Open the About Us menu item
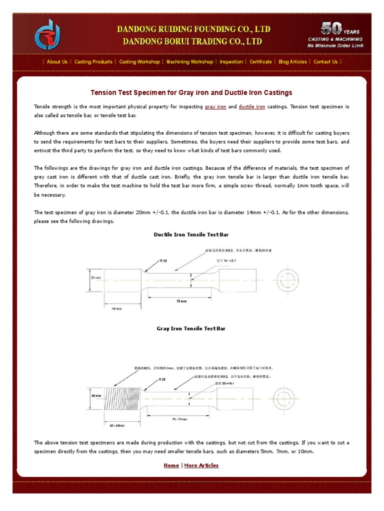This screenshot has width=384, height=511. click(x=57, y=62)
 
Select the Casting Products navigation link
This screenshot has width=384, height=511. click(x=93, y=62)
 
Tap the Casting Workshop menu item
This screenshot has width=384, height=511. click(x=139, y=62)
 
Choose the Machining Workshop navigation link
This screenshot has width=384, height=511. click(x=189, y=62)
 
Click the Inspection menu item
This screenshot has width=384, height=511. click(x=231, y=62)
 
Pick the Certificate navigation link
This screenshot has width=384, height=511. click(x=260, y=62)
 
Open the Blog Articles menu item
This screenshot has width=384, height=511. click(x=292, y=62)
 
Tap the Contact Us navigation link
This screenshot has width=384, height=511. click(x=325, y=62)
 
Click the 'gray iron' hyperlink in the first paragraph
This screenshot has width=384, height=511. click(x=215, y=107)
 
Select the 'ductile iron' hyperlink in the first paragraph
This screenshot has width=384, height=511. click(x=252, y=107)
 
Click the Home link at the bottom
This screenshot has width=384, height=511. click(x=171, y=466)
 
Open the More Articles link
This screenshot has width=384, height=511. click(x=201, y=466)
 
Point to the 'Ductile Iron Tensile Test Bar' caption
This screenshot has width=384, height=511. click(x=191, y=235)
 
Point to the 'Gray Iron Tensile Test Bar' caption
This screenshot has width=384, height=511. click(x=191, y=329)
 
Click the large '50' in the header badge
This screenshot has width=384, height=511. click(x=331, y=27)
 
